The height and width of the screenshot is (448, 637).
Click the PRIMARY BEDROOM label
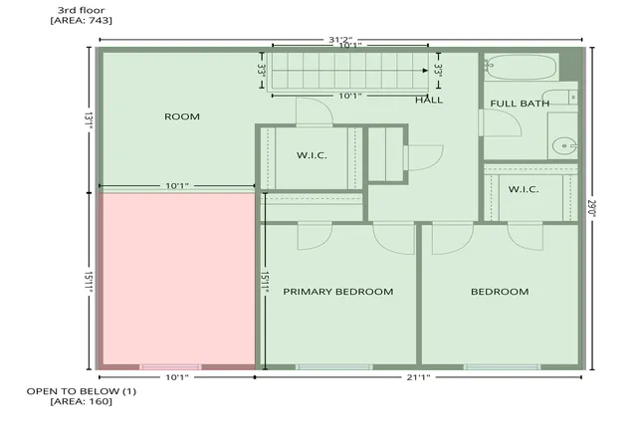coord(338,292)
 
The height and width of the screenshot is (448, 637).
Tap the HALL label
coord(429,100)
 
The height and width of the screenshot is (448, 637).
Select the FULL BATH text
coord(520,104)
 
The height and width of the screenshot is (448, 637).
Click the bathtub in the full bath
coord(521,67)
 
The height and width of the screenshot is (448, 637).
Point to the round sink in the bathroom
coord(564,145)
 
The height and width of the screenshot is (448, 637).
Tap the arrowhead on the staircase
coord(425,71)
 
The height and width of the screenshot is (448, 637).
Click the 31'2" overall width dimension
coord(340,40)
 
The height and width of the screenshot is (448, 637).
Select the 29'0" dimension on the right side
coord(591,208)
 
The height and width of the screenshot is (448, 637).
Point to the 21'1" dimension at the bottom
coord(418,377)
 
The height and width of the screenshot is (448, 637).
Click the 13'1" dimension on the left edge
coord(89,121)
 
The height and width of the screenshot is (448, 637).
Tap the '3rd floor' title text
coord(81,10)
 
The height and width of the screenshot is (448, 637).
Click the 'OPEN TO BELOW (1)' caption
coord(82,391)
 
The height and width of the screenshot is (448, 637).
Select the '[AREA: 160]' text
coord(82,401)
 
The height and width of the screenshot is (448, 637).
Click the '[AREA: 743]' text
coord(82,20)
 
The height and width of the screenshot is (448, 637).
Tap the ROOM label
coord(182,116)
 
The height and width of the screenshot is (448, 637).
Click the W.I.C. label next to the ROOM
coord(312,155)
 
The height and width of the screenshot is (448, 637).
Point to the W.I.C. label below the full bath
coord(524,189)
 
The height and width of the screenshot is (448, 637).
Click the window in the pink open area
coord(170,367)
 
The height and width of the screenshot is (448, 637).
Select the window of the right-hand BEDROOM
coord(502,367)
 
